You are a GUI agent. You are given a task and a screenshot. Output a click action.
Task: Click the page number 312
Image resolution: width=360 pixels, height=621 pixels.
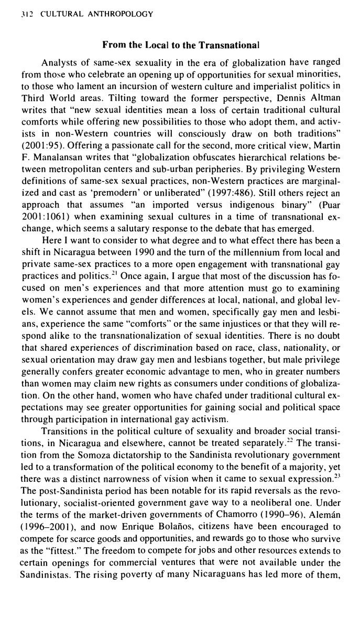(x=24, y=14)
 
